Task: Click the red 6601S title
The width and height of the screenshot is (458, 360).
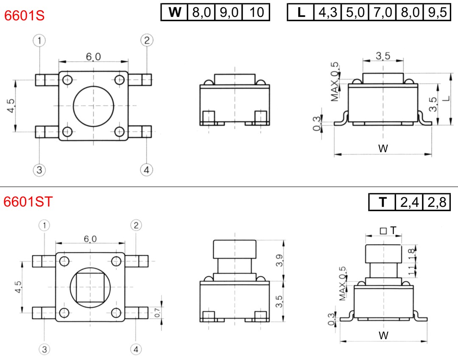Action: (x=24, y=15)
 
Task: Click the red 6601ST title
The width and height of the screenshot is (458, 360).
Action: (x=28, y=202)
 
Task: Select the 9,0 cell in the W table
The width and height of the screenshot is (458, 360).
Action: (x=229, y=12)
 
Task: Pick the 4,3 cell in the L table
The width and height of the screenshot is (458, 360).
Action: (x=327, y=12)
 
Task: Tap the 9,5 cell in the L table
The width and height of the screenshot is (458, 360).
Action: (x=437, y=12)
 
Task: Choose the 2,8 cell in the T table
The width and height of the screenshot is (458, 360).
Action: (x=437, y=202)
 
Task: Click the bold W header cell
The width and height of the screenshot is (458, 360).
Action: (x=175, y=12)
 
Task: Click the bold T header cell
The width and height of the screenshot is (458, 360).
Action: (x=383, y=202)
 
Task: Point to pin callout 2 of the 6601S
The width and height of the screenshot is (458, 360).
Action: (x=147, y=40)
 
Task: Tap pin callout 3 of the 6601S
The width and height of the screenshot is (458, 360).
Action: (x=39, y=170)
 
